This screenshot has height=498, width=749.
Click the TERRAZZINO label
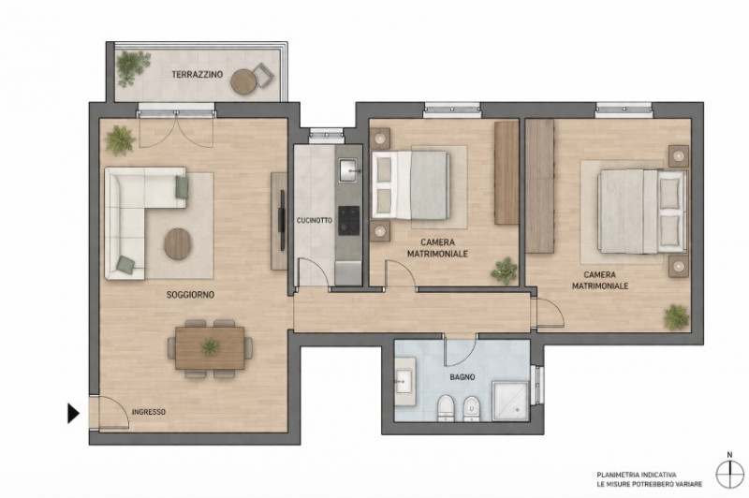(x=198, y=75)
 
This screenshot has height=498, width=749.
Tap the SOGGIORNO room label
(x=190, y=295)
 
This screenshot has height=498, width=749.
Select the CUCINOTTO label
(x=315, y=221)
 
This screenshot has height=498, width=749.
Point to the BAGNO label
(x=463, y=376)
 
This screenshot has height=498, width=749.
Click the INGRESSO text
(x=149, y=412)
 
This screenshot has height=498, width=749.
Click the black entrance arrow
(x=73, y=414)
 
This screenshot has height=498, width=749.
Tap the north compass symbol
(x=730, y=473)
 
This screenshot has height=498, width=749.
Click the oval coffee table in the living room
(x=178, y=244)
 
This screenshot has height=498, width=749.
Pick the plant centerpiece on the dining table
(x=210, y=346)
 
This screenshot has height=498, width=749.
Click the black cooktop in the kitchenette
(x=348, y=221)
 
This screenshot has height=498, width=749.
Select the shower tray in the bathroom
(x=510, y=401)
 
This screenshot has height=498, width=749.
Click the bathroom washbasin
(x=404, y=381)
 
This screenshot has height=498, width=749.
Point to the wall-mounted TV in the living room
(x=282, y=220)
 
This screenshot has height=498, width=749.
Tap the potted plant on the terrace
(x=132, y=67)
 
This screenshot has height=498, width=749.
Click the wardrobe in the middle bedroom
(x=507, y=172)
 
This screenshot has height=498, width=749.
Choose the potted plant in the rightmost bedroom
(x=676, y=317)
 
